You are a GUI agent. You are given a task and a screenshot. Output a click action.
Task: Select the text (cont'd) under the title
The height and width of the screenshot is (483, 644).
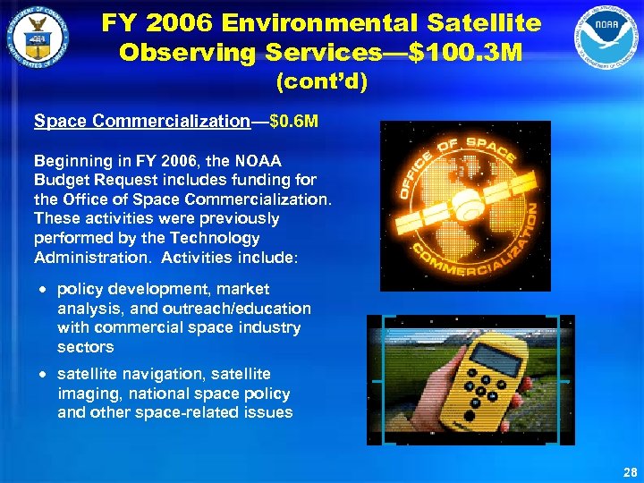coord(322,83)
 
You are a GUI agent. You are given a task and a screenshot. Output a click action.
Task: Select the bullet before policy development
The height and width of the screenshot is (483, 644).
coord(42,290)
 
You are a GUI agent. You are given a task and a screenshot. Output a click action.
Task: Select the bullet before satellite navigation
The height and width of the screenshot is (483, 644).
coord(42,375)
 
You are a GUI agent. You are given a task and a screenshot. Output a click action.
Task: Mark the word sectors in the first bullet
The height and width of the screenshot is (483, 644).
coord(86,347)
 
